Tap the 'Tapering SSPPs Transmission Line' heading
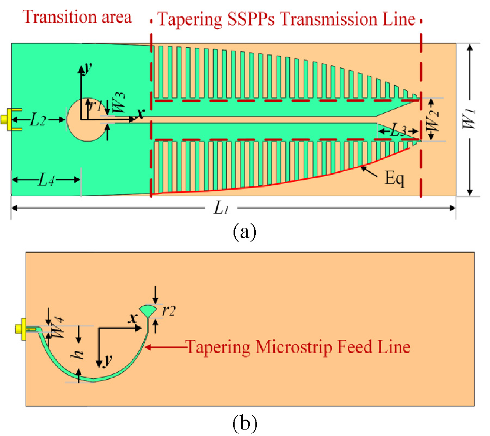pos(286,20)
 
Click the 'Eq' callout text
pos(393,178)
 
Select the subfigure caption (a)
pos(243,232)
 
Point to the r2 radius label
pos(168,311)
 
